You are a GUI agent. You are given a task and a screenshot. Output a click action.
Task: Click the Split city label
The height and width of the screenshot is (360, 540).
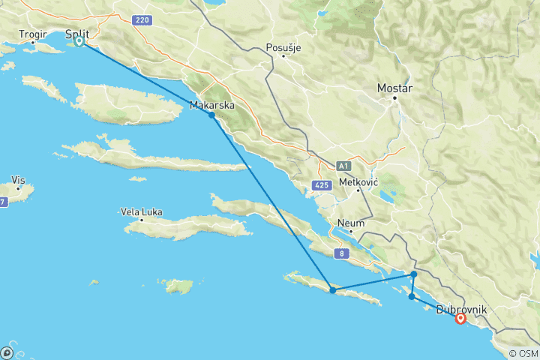(78, 34)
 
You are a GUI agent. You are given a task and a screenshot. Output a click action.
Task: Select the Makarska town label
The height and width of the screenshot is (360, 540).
(212, 105)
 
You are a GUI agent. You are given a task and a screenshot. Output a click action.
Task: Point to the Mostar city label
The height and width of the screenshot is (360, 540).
(395, 87)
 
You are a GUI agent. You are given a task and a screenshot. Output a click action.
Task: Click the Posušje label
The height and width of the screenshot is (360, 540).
(283, 48)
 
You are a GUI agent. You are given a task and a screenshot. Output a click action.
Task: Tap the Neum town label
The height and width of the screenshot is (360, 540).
(351, 223)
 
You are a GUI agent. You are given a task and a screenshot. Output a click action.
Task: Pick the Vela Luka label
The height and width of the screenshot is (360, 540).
(141, 211)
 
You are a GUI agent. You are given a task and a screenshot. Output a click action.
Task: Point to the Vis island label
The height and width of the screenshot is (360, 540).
(19, 180)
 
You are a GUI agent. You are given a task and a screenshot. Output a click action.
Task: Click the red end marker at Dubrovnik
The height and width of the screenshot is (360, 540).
(460, 319)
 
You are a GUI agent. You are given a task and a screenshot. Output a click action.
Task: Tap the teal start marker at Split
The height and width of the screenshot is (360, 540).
(79, 42)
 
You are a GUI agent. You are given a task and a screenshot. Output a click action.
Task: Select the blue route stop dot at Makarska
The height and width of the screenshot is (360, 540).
(212, 115)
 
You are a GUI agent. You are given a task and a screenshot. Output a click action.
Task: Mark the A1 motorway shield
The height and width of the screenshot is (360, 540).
(343, 165)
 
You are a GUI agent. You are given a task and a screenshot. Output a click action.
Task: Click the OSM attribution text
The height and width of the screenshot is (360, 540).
(524, 353)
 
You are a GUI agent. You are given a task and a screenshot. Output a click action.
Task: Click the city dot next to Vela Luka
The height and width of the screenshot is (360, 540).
(142, 221)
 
